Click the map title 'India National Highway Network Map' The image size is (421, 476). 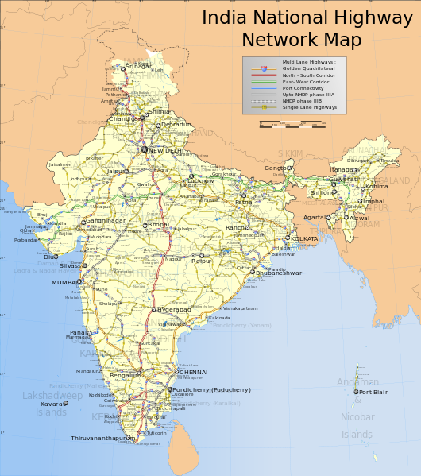click(301, 29)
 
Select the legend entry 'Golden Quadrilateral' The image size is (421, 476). click(307, 68)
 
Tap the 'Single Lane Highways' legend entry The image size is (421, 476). click(309, 106)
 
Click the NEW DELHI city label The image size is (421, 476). click(166, 150)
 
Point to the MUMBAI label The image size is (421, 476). click(65, 282)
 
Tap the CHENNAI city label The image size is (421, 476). click(193, 372)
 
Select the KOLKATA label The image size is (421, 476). click(304, 238)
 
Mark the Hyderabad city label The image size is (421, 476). click(174, 308)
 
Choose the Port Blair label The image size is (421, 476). click(373, 392)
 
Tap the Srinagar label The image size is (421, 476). click(138, 66)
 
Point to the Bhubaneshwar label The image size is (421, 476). click(279, 273)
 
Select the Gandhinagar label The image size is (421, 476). click(106, 220)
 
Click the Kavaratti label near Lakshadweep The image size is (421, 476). click(51, 404)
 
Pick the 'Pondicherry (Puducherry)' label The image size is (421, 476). click(211, 389)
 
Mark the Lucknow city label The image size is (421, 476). click(201, 180)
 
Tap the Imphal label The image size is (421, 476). click(373, 201)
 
